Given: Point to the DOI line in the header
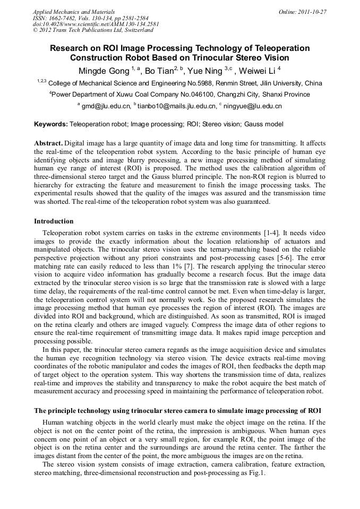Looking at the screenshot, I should (96, 24).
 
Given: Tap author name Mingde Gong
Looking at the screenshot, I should (99, 70).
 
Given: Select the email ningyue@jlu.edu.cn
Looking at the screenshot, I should (252, 106).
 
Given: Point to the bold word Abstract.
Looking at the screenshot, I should (49, 144).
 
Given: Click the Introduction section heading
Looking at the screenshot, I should (54, 221).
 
